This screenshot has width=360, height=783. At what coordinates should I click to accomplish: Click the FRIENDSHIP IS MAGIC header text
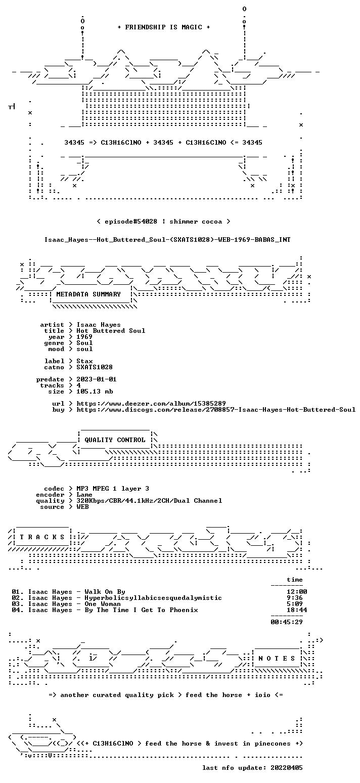pos(164,27)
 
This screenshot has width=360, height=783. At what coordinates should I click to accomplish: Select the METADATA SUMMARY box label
pos(88,294)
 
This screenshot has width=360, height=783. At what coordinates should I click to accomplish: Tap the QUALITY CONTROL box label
pos(115,440)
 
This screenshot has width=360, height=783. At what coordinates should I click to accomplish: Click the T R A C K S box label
pos(42,537)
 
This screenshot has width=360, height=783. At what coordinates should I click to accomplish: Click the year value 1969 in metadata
pos(84,337)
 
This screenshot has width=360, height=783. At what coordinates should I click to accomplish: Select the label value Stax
pos(84,361)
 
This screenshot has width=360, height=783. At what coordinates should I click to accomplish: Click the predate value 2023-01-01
pos(97,379)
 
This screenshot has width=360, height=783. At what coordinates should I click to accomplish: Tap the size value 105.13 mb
pos(95,391)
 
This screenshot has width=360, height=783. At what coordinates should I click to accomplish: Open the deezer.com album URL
pos(151,403)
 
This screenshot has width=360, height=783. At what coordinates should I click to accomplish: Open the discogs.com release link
pos(216,410)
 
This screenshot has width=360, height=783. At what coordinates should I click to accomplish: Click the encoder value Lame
pos(84,495)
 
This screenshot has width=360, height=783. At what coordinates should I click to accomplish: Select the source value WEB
pos(82,507)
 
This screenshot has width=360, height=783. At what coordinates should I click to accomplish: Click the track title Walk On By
pos(105,592)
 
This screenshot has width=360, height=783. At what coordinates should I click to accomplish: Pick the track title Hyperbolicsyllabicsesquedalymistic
pos(153,598)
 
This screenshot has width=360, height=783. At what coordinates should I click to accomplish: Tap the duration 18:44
pos(297,610)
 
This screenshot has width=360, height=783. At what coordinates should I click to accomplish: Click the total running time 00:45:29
pos(287,622)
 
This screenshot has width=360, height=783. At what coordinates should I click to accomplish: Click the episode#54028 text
pos(131,222)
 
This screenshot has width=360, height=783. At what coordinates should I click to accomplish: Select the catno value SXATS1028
pos(95,367)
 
